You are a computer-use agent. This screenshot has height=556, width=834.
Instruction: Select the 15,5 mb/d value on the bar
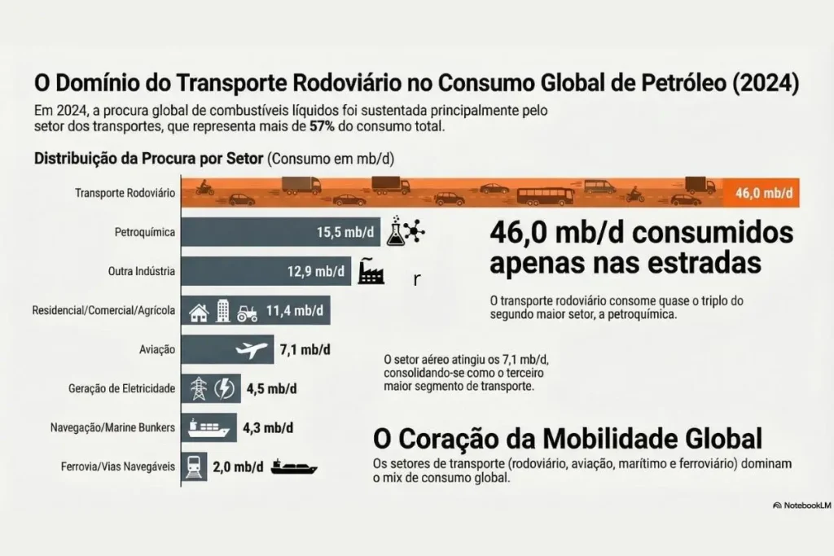[345, 233]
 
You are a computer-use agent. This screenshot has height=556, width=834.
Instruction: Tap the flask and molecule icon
[406, 232]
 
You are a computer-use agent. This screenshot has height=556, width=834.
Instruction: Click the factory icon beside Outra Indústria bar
[371, 271]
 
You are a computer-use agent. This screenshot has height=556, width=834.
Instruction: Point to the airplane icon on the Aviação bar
[252, 350]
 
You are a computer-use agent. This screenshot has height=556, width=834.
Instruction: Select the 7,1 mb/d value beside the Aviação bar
[305, 350]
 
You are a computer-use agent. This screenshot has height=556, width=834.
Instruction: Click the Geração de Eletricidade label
[122, 388]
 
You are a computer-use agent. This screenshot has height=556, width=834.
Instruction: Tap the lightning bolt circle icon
[224, 388]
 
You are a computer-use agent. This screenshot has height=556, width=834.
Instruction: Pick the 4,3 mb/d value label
[270, 427]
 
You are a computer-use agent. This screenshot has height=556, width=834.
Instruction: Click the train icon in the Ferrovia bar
[194, 466]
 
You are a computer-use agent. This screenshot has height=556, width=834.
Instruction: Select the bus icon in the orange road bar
[545, 196]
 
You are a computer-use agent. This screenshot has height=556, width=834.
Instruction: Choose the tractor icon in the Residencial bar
[247, 311]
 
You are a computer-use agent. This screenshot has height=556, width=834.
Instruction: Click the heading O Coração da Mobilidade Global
[567, 439]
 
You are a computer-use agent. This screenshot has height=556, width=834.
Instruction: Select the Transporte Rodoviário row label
[125, 193]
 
